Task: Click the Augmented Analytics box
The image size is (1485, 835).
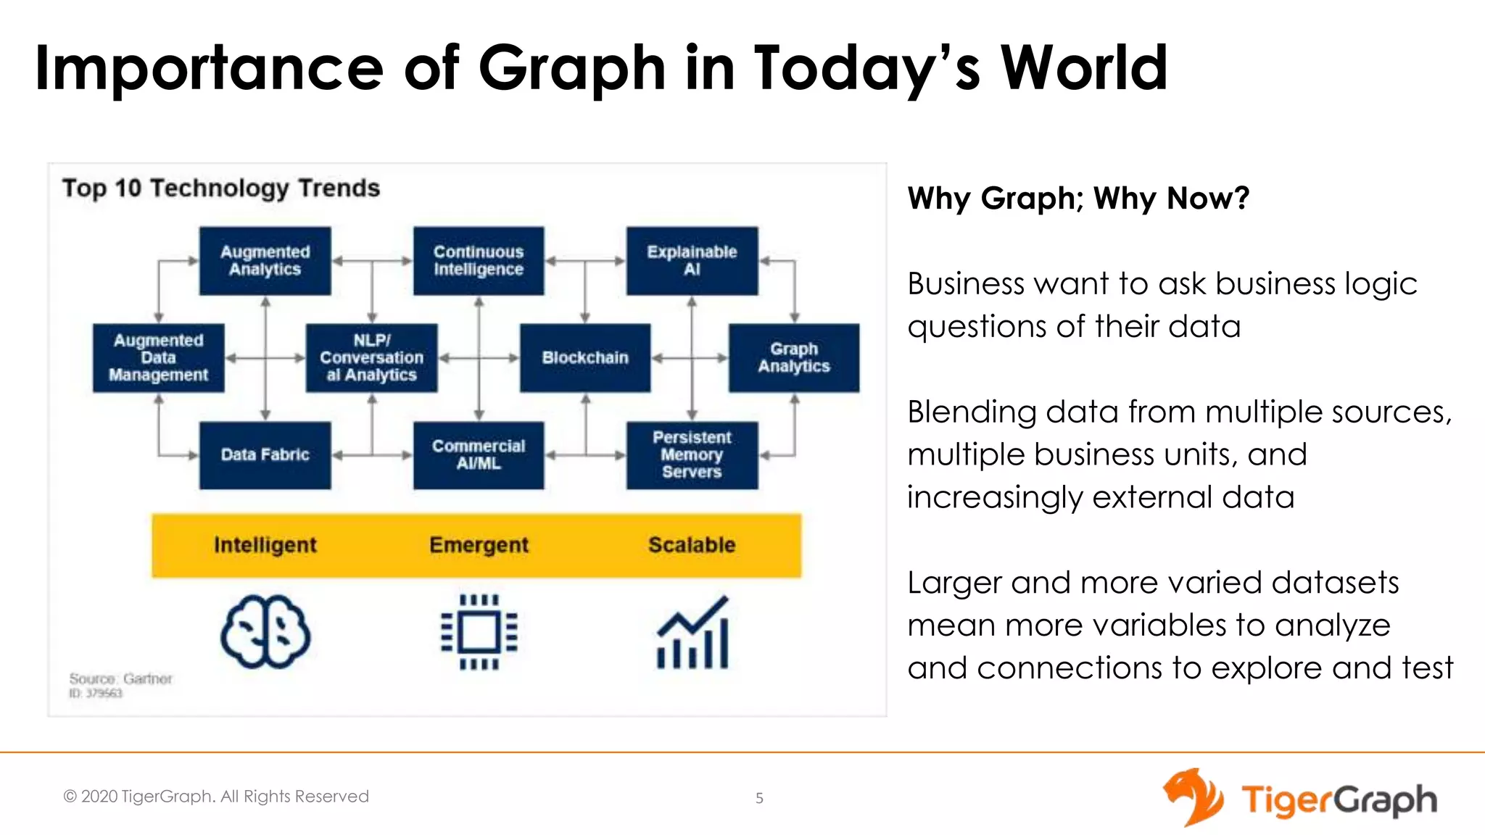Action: click(265, 261)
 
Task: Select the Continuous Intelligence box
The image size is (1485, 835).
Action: click(479, 261)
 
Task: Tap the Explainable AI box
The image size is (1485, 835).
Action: click(692, 261)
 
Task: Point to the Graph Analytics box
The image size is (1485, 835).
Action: click(794, 358)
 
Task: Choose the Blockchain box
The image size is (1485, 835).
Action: click(585, 358)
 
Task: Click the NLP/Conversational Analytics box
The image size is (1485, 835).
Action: click(372, 358)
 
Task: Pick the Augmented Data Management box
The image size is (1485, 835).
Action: click(159, 358)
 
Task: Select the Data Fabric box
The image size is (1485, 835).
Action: click(265, 455)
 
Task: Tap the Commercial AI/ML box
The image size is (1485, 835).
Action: click(479, 455)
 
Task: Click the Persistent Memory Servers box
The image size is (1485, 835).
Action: click(692, 455)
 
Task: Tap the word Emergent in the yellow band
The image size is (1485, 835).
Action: click(479, 545)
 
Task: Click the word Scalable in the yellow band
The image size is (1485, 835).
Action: click(692, 545)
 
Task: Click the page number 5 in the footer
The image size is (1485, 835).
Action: click(759, 798)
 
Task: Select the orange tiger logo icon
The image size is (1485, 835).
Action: click(1193, 797)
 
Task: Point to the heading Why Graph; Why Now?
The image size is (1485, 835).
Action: click(1078, 198)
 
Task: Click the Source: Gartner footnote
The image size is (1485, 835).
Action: click(120, 679)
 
